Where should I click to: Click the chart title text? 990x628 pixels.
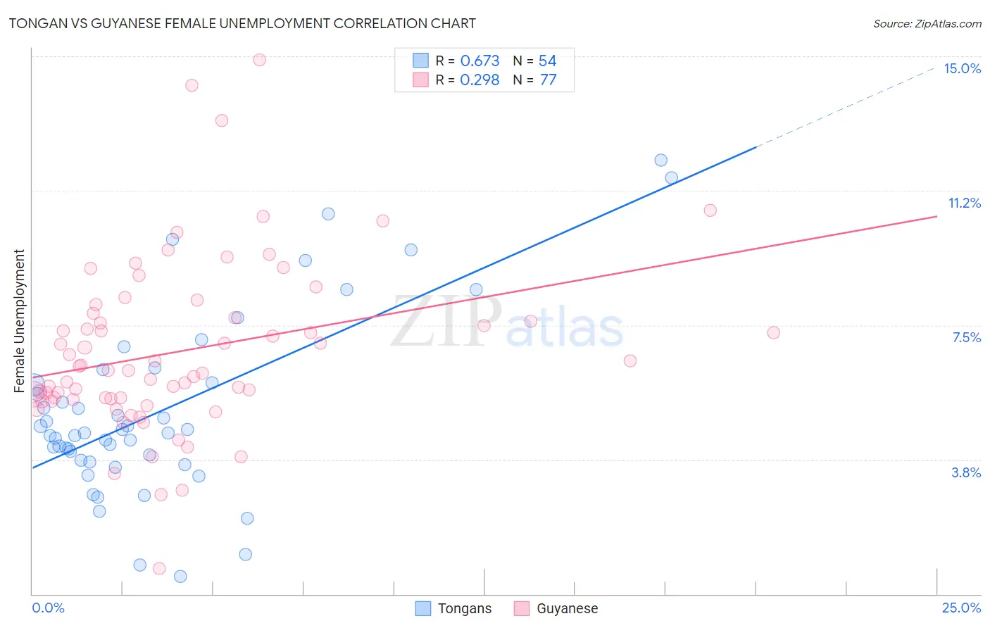click(x=242, y=23)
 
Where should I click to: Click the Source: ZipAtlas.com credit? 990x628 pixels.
click(x=927, y=23)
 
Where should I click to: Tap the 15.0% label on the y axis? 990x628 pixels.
click(x=962, y=68)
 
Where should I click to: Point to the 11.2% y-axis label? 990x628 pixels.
click(x=964, y=203)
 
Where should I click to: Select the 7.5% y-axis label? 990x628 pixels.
click(x=966, y=337)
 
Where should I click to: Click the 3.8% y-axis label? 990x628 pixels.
click(x=966, y=472)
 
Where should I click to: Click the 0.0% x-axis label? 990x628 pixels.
click(x=48, y=608)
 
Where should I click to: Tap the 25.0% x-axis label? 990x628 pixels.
click(x=961, y=608)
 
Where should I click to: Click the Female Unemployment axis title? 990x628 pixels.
click(x=19, y=320)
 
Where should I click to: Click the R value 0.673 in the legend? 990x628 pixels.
click(x=480, y=61)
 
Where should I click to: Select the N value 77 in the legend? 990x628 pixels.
click(x=548, y=80)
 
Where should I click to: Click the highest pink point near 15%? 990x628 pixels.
click(x=259, y=60)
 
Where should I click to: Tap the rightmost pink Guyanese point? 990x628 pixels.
click(x=773, y=332)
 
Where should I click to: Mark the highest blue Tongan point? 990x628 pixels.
click(x=660, y=160)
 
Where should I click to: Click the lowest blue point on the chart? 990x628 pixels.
click(x=180, y=576)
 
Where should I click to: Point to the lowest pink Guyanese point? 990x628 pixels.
click(x=159, y=568)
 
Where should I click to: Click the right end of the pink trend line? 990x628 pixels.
click(x=936, y=217)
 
